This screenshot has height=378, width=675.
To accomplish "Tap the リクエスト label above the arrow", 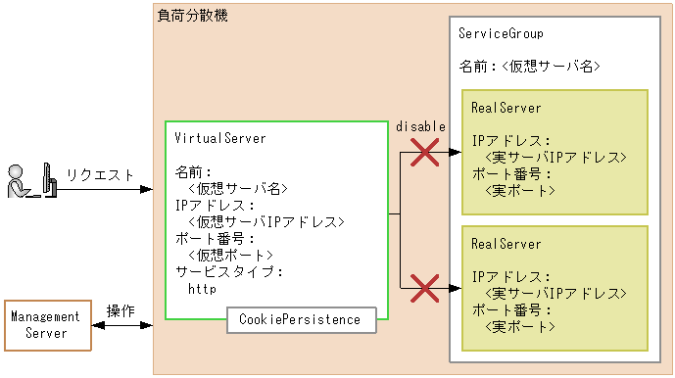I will point(100,174).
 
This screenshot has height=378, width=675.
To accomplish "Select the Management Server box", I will point(45,325).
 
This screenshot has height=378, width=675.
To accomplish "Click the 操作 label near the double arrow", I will point(121,310).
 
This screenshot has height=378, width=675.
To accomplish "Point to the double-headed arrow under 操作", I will point(121,325).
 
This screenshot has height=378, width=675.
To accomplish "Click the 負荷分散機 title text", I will point(193,16).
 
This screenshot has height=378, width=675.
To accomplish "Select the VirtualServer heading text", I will point(219,138).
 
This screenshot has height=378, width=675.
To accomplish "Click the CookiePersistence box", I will point(300,319).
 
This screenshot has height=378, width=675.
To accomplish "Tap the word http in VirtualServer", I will point(202,289).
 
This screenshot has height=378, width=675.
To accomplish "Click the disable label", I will point(420,126).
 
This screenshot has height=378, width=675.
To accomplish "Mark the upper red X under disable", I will point(423,152).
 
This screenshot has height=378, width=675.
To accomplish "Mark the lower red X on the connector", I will point(423,288).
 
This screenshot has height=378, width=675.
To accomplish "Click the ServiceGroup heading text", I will point(501,33).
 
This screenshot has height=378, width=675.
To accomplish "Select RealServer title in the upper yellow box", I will point(506,107).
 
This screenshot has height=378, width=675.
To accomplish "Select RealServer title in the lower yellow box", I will point(506,243).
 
